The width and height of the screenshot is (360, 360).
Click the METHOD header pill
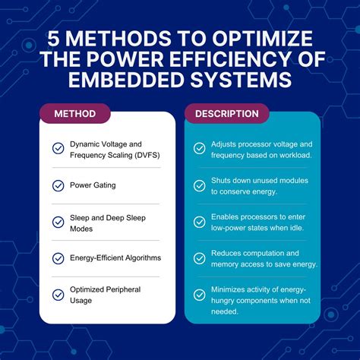(75, 114)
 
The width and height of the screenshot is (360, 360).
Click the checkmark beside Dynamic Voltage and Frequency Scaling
(58, 149)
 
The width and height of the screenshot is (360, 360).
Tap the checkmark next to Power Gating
(58, 185)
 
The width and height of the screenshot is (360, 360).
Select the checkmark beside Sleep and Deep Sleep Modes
(58, 222)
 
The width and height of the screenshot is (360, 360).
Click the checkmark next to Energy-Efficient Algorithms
(58, 258)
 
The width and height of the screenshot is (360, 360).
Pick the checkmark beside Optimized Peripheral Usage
(58, 295)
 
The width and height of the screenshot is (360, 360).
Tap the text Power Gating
(93, 185)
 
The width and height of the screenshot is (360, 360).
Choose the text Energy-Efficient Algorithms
(115, 258)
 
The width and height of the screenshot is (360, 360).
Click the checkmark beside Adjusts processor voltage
(200, 149)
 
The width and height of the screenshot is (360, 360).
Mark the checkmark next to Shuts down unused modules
(200, 185)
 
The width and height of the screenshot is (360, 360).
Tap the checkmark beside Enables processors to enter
(200, 223)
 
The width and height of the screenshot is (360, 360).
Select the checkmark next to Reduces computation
(200, 258)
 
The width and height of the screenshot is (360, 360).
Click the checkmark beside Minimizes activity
(200, 295)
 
